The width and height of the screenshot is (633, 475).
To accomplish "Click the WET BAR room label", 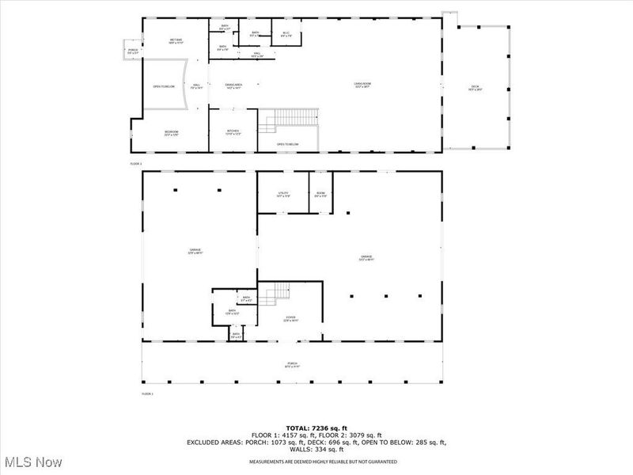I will point(176,41).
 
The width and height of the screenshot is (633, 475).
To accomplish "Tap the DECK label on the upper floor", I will point(475,88).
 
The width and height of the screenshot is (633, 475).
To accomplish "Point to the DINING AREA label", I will point(233,85).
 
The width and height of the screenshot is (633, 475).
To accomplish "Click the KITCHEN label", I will point(233,132).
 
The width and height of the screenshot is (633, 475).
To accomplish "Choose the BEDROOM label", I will point(172,133).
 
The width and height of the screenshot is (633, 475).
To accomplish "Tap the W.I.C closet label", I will point(286,34).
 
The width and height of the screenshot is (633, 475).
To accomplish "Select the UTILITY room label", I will point(283,194).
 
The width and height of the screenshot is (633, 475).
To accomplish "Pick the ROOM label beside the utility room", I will point(320,194).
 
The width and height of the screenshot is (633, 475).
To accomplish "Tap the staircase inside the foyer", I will point(273,295).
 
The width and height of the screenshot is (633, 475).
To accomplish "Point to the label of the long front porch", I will point(292,366).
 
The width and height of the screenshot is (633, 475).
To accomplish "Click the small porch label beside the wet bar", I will point(132,51).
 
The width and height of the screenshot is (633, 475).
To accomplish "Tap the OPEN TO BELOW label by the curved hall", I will point(163,86).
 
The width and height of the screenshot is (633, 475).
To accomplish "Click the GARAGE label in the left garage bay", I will point(194,252).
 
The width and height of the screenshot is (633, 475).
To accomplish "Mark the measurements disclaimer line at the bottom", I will point(323,462).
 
